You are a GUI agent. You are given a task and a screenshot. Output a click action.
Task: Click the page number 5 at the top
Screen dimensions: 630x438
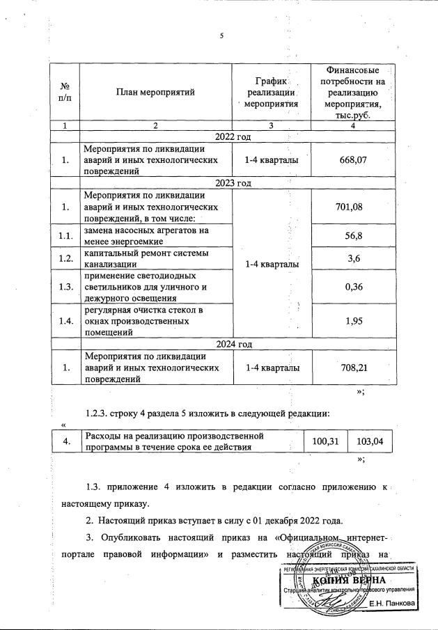click(x=220, y=36)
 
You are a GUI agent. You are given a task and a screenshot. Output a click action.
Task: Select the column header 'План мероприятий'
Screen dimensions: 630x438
click(x=155, y=92)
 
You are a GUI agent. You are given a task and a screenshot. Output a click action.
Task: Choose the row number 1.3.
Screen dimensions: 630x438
click(x=65, y=285)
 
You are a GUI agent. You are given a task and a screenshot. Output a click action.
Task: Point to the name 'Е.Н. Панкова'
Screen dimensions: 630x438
click(x=392, y=603)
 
